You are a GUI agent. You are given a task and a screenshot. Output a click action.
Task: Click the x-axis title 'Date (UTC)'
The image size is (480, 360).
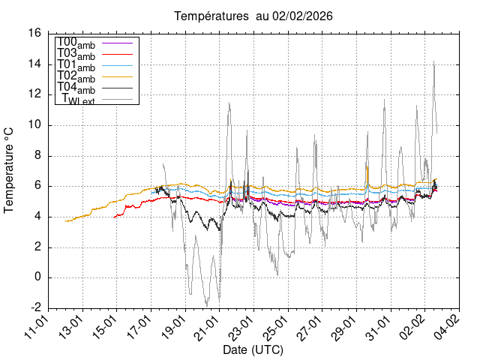253,349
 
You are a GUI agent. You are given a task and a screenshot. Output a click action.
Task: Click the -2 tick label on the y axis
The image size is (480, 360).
35,308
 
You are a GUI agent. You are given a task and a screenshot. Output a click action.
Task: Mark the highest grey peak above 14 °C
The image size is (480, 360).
434,61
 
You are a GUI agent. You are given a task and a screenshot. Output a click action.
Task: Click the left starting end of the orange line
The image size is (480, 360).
66,221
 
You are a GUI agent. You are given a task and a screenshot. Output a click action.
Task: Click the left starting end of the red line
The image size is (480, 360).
113,217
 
